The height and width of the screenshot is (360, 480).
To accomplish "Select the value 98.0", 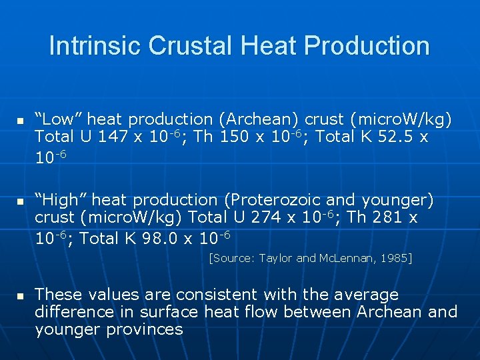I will pos(159,238).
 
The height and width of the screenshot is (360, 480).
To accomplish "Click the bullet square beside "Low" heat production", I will pos(21,121).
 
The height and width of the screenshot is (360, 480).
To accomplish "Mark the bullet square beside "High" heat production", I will pos(21,201).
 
